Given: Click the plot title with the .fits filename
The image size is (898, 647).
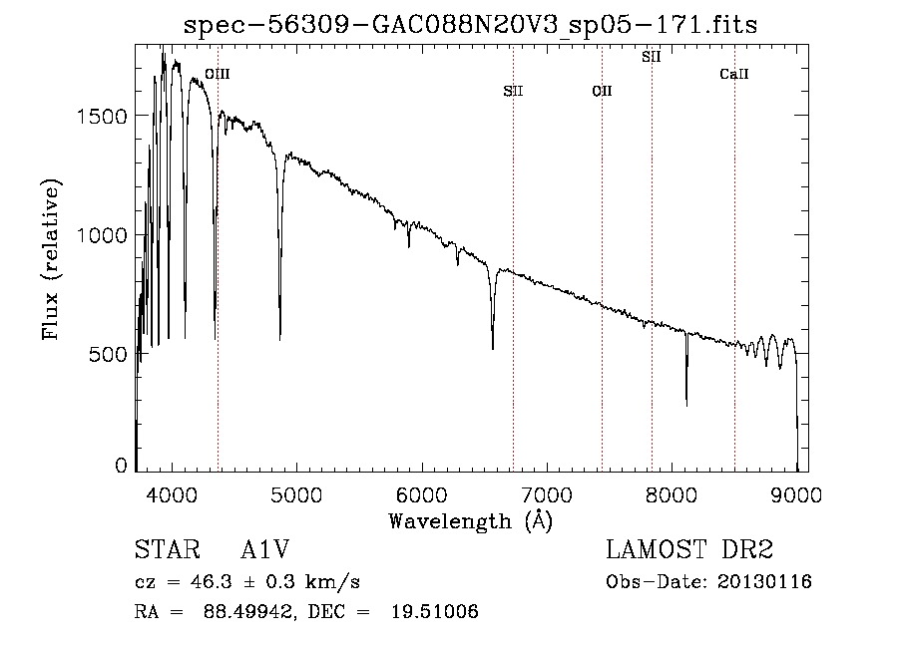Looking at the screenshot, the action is [470, 25].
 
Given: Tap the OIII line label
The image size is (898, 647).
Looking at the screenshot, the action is [218, 74].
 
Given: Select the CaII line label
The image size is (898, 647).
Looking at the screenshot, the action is [734, 74].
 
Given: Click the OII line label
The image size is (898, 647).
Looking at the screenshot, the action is [602, 91].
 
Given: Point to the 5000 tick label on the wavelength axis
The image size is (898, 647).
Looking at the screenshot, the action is [296, 494].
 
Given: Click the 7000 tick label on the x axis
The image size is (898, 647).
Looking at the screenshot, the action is [547, 494].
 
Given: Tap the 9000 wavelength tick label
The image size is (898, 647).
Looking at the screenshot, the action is [796, 494].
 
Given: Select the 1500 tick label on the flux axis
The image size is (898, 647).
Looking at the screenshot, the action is [102, 117].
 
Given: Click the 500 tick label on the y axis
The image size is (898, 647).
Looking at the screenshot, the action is [108, 355].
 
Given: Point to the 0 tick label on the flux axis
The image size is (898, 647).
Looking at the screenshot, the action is [121, 466].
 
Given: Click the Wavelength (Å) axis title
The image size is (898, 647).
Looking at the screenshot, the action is [471, 521].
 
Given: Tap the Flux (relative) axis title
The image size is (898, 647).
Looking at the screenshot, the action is [51, 259].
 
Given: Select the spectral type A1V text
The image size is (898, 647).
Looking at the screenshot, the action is [265, 549].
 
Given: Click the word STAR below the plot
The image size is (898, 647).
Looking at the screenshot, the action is [168, 549].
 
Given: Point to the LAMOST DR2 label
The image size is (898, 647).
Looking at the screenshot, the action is [689, 549].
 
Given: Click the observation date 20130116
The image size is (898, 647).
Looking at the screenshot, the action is [764, 582].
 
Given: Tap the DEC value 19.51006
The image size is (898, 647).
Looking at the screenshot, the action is [435, 611].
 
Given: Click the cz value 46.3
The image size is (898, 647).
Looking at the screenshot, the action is [212, 582].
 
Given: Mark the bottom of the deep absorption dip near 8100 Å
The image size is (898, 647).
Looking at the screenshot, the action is [686, 405].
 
